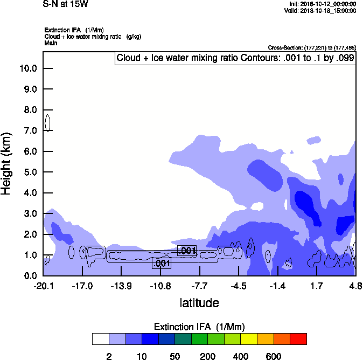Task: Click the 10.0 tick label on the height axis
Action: point(27,68)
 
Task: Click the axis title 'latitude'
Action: point(199,303)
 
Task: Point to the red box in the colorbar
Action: point(298,339)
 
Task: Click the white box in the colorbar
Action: point(101,339)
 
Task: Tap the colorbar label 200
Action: point(208,356)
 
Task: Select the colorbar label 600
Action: point(274,356)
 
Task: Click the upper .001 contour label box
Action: point(187,251)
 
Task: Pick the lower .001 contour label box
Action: point(162,264)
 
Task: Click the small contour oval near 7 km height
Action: point(47,122)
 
